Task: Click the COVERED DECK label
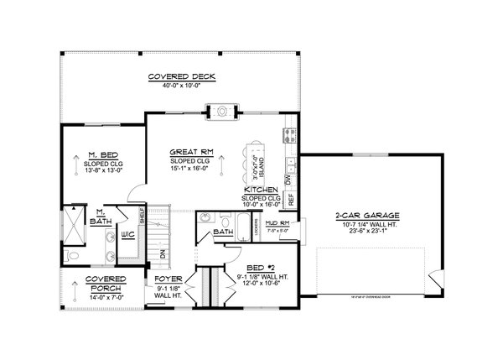tap(182, 76)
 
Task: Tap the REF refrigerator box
tap(291, 200)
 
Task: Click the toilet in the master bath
tap(74, 255)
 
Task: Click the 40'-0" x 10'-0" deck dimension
tap(182, 86)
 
